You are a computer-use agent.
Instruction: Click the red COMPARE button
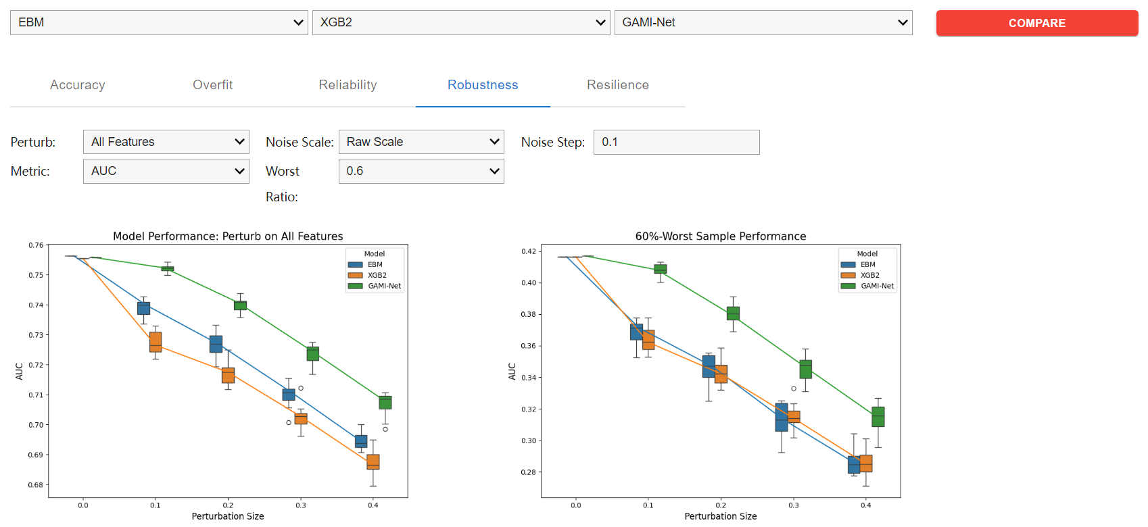tap(1036, 23)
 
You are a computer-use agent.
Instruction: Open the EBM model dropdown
tap(159, 22)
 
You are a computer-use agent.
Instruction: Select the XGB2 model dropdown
tap(461, 22)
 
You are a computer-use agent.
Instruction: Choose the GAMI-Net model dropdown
tap(763, 22)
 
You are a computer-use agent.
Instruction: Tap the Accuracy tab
tap(78, 85)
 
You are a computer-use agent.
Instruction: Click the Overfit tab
tap(212, 85)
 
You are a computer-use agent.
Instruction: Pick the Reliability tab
tap(348, 85)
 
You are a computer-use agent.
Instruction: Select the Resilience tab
tap(617, 85)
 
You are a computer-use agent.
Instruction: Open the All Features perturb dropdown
tap(166, 142)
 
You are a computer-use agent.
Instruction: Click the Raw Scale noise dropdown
tap(421, 142)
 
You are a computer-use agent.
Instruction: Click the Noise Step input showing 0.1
tap(676, 142)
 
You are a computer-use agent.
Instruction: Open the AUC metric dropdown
tap(166, 171)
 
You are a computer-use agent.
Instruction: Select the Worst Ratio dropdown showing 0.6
tap(421, 171)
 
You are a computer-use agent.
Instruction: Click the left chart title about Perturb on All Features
tap(228, 236)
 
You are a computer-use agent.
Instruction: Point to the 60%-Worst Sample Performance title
tap(721, 236)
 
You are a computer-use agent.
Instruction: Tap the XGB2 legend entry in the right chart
tap(869, 275)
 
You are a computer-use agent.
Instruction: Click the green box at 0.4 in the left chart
tap(385, 403)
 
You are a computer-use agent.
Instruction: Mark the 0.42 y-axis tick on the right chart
tap(529, 251)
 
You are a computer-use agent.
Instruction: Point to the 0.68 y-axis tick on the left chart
tap(36, 485)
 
